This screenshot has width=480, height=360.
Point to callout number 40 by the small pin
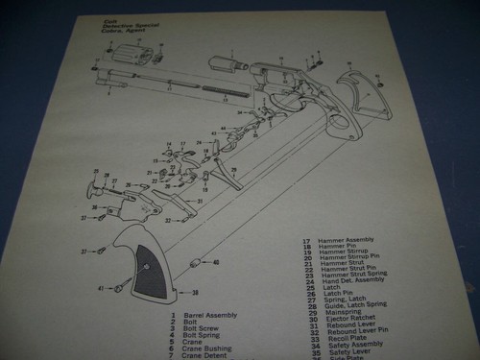[x=215, y=262]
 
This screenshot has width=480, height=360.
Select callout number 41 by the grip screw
[x=101, y=288]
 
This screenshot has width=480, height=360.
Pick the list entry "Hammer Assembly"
[x=345, y=241]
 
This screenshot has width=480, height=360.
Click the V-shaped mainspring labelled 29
[x=228, y=177]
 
